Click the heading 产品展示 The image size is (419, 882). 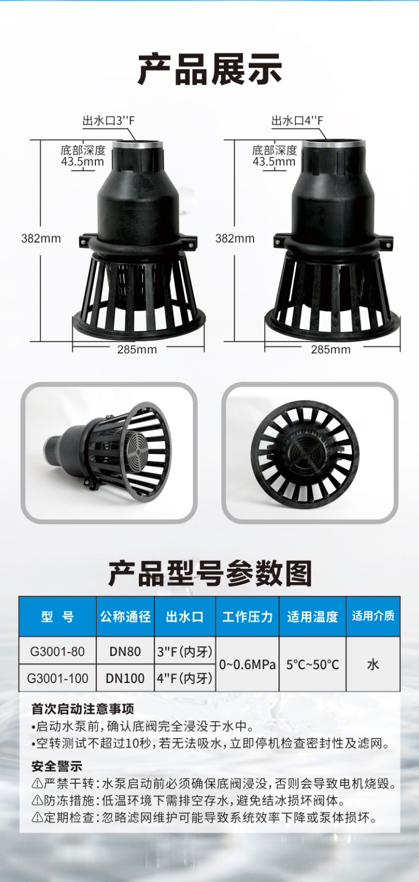209,69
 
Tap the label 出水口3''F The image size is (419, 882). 109,121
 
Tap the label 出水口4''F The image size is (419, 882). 297,121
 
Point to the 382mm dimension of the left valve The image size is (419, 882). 41,239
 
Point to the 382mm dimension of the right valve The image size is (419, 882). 235,239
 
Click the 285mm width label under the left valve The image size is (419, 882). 137,349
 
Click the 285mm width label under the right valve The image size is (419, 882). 331,349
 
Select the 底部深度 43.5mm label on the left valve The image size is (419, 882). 83,155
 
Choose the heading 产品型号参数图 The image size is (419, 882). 209,574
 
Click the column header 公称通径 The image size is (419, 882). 125,616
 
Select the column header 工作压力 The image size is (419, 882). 247,616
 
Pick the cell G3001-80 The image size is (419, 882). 57,651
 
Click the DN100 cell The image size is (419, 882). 125,678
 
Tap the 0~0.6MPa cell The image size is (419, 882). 247,664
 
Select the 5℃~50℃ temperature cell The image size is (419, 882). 313,664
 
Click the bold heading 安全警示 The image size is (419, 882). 57,766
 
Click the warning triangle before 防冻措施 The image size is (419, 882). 37,800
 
